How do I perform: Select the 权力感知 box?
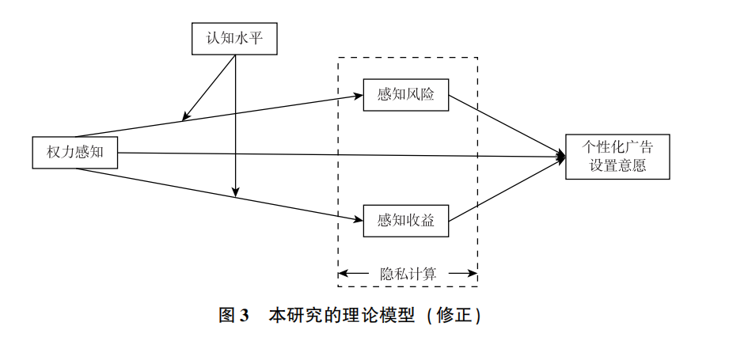pos(74,153)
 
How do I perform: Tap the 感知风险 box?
pos(406,95)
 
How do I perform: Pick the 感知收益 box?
pos(406,221)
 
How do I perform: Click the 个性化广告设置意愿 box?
pos(617,157)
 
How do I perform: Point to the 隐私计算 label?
pos(408,274)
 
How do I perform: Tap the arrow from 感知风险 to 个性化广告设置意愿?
pos(507,126)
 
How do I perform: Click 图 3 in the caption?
pos(234,316)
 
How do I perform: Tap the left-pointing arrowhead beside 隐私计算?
pos(343,274)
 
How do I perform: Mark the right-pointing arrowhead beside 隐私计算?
pos(473,274)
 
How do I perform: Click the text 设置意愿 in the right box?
pos(617,167)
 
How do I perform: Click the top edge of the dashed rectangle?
pos(408,57)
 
